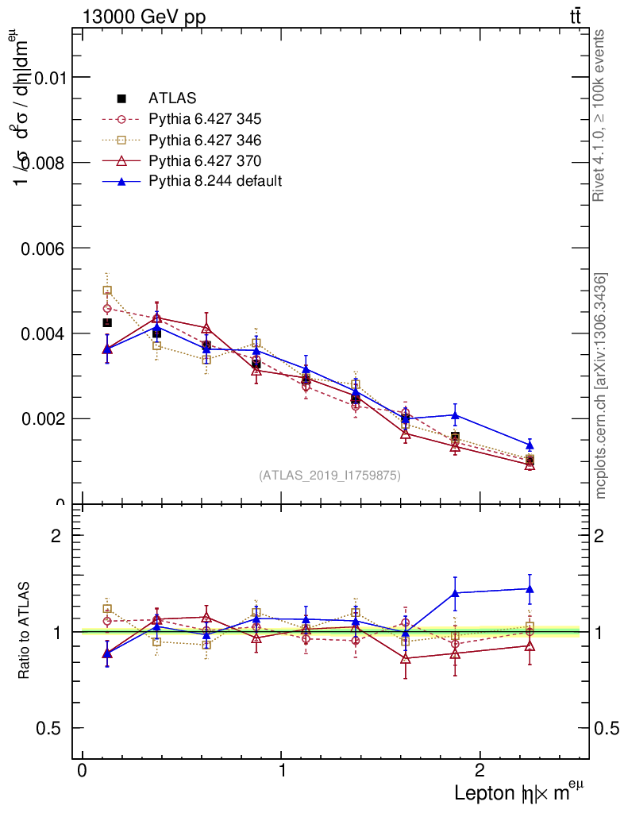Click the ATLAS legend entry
click(171, 98)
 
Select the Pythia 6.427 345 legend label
click(205, 119)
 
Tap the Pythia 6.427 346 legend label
click(205, 140)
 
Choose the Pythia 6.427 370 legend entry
click(205, 160)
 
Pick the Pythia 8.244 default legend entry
click(214, 181)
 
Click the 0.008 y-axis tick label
click(39, 162)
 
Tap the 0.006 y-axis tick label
click(39, 248)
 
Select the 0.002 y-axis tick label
click(39, 418)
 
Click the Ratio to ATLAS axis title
click(25, 630)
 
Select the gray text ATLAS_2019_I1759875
click(329, 476)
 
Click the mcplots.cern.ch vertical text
click(602, 386)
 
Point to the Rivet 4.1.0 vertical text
click(601, 115)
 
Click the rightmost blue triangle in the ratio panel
click(530, 589)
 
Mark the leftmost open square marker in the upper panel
click(107, 291)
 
